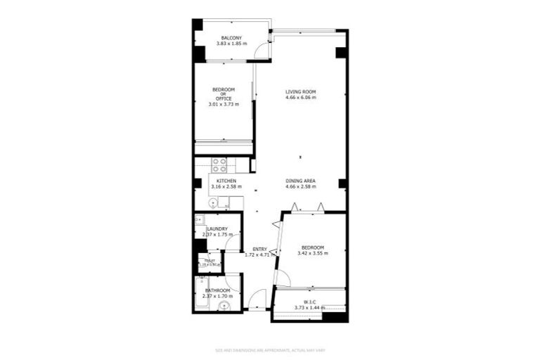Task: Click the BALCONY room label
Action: pos(231,38)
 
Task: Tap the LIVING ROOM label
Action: pos(300,91)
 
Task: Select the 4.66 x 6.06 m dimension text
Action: pos(300,98)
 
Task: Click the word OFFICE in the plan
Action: pos(224,98)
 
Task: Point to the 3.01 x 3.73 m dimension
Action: pos(224,105)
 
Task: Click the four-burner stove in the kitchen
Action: pos(219,165)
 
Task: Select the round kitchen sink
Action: pos(212,202)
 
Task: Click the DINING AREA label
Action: pos(300,181)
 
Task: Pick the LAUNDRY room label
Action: pos(216,229)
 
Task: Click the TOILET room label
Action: pos(209,261)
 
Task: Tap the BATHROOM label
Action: pos(217,290)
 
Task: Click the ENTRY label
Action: pos(259,249)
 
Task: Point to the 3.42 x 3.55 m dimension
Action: pos(312,254)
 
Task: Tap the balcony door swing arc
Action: pos(262,50)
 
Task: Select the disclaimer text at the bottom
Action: pos(270,349)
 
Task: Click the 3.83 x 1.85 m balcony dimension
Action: pos(231,44)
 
